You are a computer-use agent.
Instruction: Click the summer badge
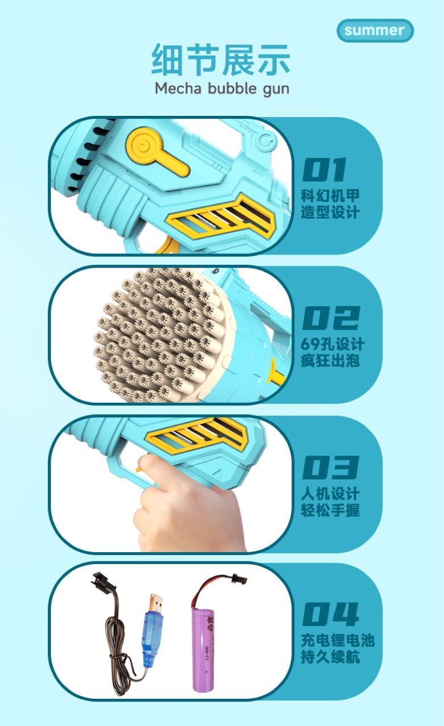(375, 31)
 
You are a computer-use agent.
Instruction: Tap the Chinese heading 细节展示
(221, 60)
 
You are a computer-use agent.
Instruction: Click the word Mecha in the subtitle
(178, 89)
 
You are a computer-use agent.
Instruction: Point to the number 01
(324, 170)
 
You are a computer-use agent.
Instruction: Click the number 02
(330, 319)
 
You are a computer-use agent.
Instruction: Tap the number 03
(330, 468)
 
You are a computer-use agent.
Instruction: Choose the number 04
(330, 615)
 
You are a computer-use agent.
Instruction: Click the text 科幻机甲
(330, 197)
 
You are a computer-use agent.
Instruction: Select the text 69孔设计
(333, 345)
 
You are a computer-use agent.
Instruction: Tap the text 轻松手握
(330, 510)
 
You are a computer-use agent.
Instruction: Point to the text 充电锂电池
(338, 641)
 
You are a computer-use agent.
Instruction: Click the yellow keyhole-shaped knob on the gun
(156, 151)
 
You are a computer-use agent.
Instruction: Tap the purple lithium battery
(205, 642)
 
